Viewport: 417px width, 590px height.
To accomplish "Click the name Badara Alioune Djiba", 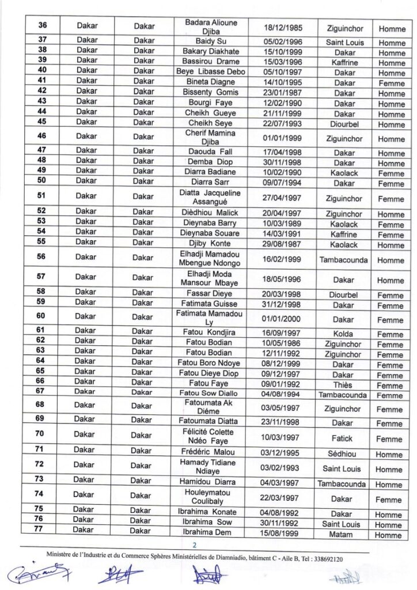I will coord(211,27).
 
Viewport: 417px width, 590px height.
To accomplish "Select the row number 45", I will coord(41,122).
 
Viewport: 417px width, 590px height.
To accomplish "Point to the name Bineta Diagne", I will coord(211,82).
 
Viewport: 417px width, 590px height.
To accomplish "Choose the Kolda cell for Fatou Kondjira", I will coord(343,334).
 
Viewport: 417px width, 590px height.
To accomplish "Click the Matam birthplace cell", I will coord(343,535).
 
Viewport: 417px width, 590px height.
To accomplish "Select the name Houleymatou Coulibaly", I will coord(211,497).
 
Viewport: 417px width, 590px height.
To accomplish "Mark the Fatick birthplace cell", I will coord(343,439).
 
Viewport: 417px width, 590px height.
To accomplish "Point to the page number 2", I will coord(195,545).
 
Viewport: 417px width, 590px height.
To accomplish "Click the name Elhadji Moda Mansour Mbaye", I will coord(211,279).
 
